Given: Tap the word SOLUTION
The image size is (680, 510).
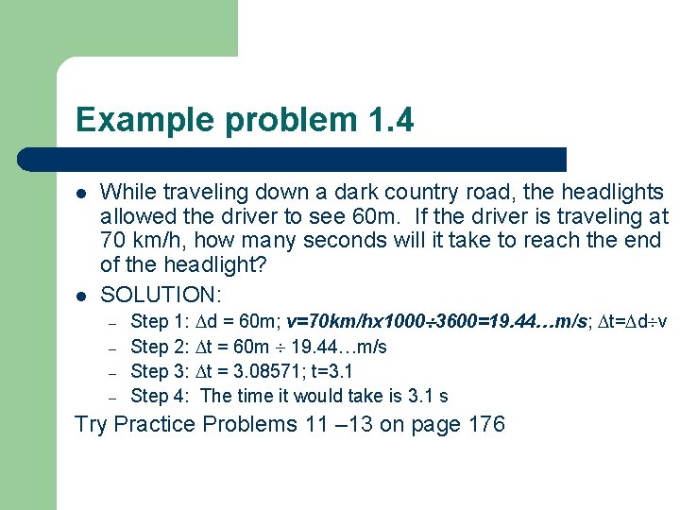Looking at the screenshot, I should coord(161,294).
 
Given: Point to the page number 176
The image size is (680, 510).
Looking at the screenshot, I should coord(486,425).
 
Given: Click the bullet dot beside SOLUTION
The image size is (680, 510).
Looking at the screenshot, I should coord(82,295).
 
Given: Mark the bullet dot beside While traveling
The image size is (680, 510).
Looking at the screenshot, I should coord(82,194).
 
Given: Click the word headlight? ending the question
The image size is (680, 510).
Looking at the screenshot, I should coord(219,265).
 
